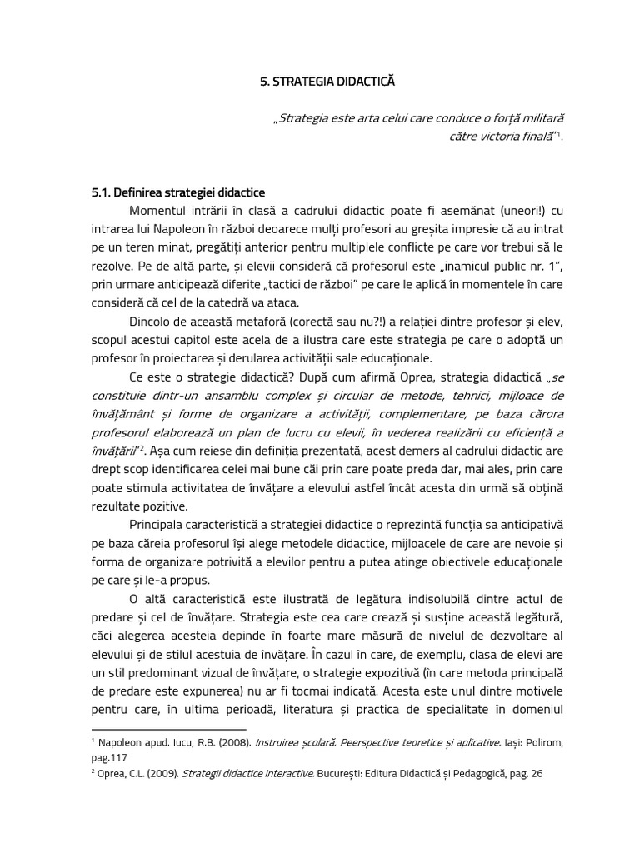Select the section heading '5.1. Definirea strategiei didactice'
click(177, 192)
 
